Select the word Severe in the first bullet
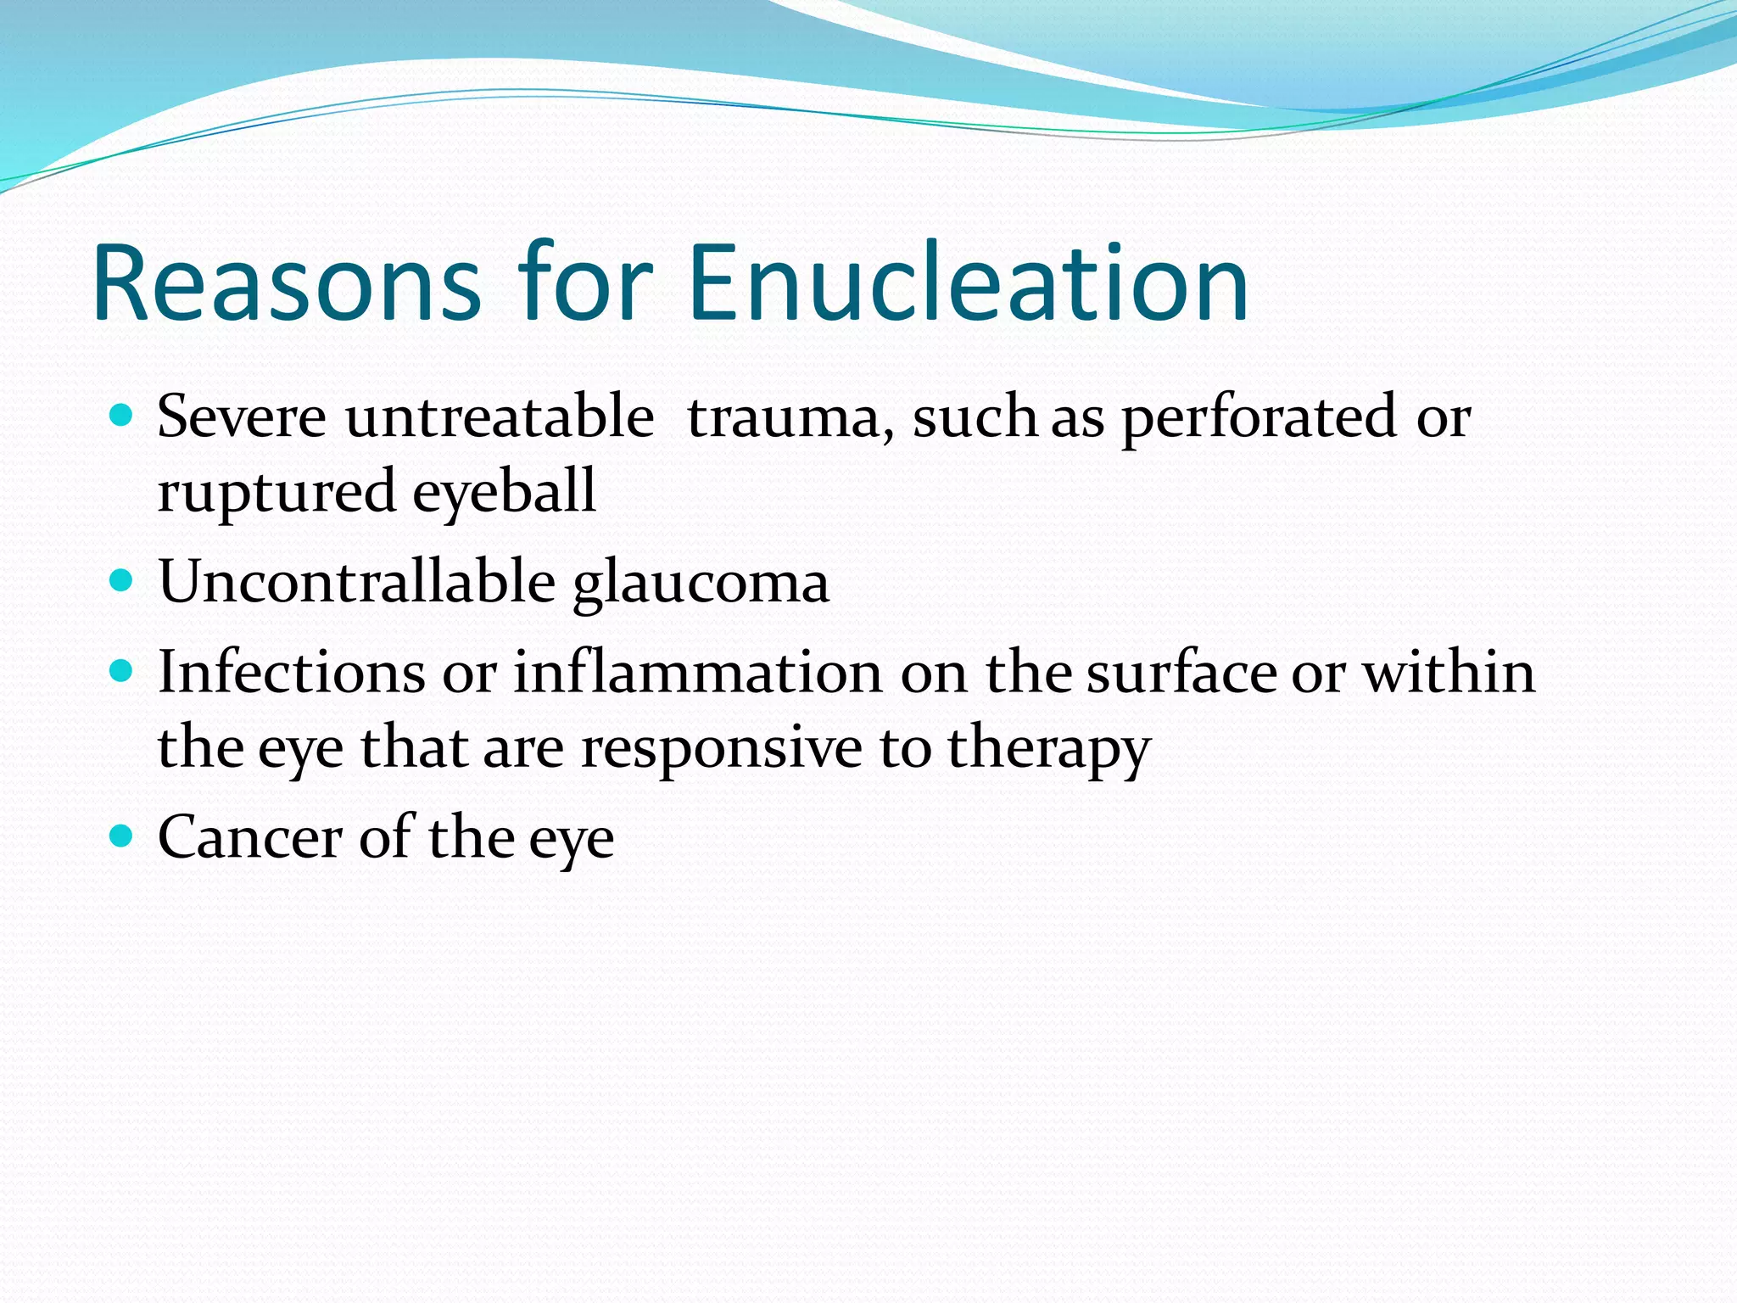coord(242,417)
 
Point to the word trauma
coord(790,418)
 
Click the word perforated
coord(1259,418)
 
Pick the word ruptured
coord(276,492)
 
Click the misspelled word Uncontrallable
coord(357,582)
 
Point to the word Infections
coord(291,672)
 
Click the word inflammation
coord(697,672)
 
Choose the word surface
coord(1181,672)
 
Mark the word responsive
coord(721,748)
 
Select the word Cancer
coord(249,837)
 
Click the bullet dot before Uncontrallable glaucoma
coord(122,580)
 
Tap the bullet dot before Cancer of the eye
coord(122,836)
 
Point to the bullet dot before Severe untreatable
coord(122,416)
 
